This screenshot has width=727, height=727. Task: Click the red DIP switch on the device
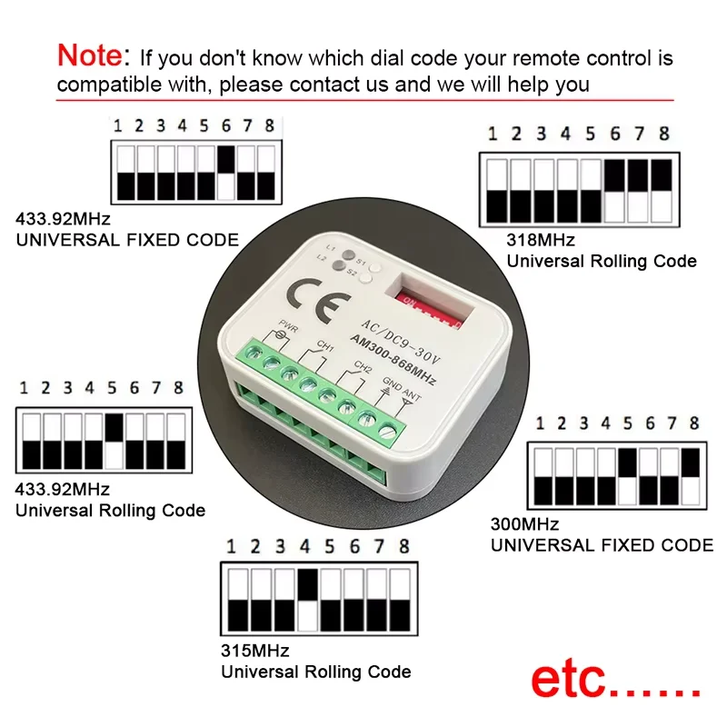[431, 309]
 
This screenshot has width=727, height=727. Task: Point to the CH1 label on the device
[326, 346]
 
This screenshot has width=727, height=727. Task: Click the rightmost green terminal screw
[393, 426]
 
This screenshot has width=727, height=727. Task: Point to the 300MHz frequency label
[524, 525]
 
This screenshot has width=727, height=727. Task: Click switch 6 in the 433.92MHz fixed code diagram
[226, 173]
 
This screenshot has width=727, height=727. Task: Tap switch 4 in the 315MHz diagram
[306, 600]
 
